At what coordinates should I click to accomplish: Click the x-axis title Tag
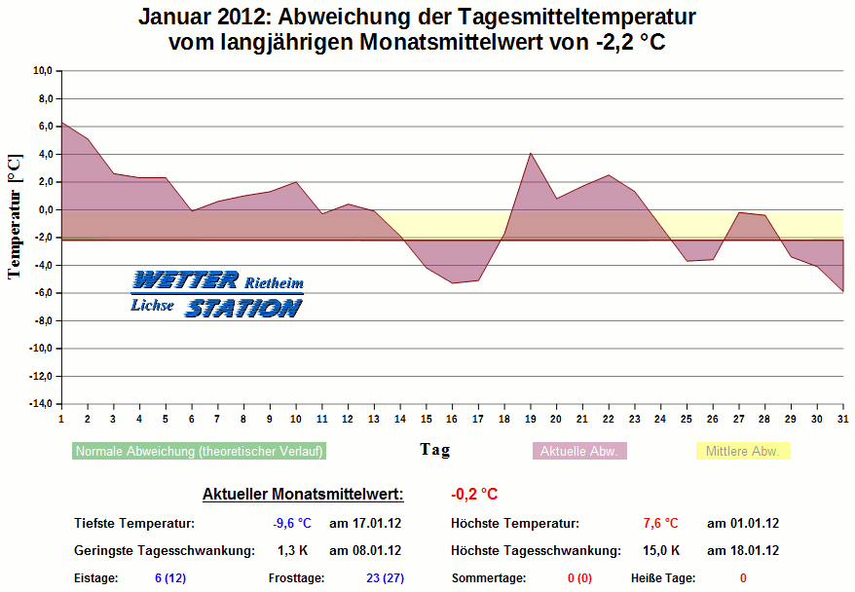(x=434, y=449)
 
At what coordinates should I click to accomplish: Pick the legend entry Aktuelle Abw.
(x=579, y=451)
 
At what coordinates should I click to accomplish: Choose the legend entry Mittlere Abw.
(x=742, y=451)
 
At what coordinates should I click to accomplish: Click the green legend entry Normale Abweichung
(x=199, y=451)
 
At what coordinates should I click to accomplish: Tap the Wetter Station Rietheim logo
(x=217, y=293)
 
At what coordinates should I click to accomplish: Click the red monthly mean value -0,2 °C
(x=474, y=494)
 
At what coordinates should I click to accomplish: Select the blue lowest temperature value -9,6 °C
(x=292, y=523)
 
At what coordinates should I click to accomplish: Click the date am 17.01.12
(x=365, y=523)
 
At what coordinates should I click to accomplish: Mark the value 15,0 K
(x=662, y=550)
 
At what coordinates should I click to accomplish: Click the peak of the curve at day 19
(x=530, y=153)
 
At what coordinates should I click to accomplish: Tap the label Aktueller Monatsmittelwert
(x=303, y=494)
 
